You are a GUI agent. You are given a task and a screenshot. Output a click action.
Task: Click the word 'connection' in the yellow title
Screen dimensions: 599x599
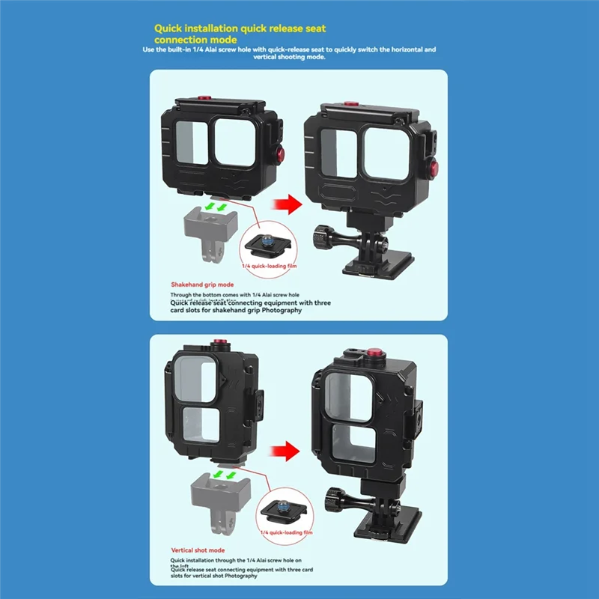tap(186, 40)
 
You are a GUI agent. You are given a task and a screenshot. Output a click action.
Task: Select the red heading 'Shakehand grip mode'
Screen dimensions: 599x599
tap(202, 285)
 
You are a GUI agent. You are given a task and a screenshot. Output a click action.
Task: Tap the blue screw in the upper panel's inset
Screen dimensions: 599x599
tap(265, 240)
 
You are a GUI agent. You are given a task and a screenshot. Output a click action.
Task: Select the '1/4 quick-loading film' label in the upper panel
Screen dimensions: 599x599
tap(267, 266)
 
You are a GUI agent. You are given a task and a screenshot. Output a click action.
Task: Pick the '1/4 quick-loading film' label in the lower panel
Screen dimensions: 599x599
tap(286, 532)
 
